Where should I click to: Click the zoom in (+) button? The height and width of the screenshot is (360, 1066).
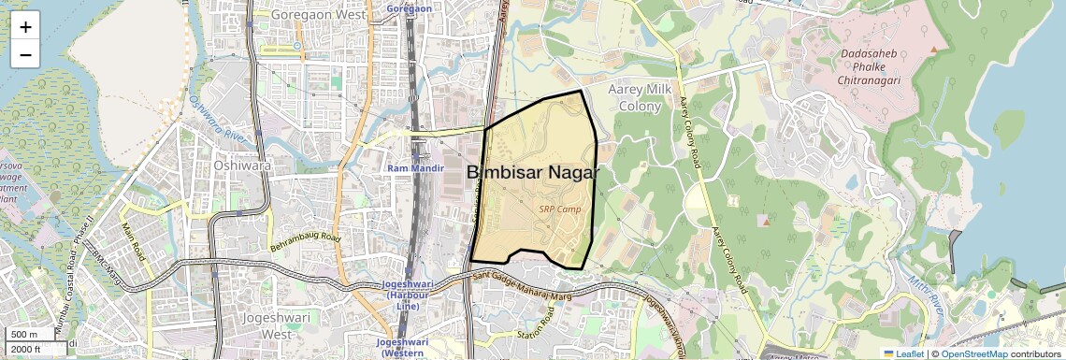25,26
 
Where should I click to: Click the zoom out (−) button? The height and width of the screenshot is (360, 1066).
25,54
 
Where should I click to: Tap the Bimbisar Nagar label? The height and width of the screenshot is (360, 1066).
533,173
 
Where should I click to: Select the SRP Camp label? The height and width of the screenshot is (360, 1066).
560,209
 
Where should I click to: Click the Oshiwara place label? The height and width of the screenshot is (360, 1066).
242,165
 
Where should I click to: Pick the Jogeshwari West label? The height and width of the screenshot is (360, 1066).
268,324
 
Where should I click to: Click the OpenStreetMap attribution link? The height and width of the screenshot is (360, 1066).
973,353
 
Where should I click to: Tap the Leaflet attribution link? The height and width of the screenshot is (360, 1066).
903,353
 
